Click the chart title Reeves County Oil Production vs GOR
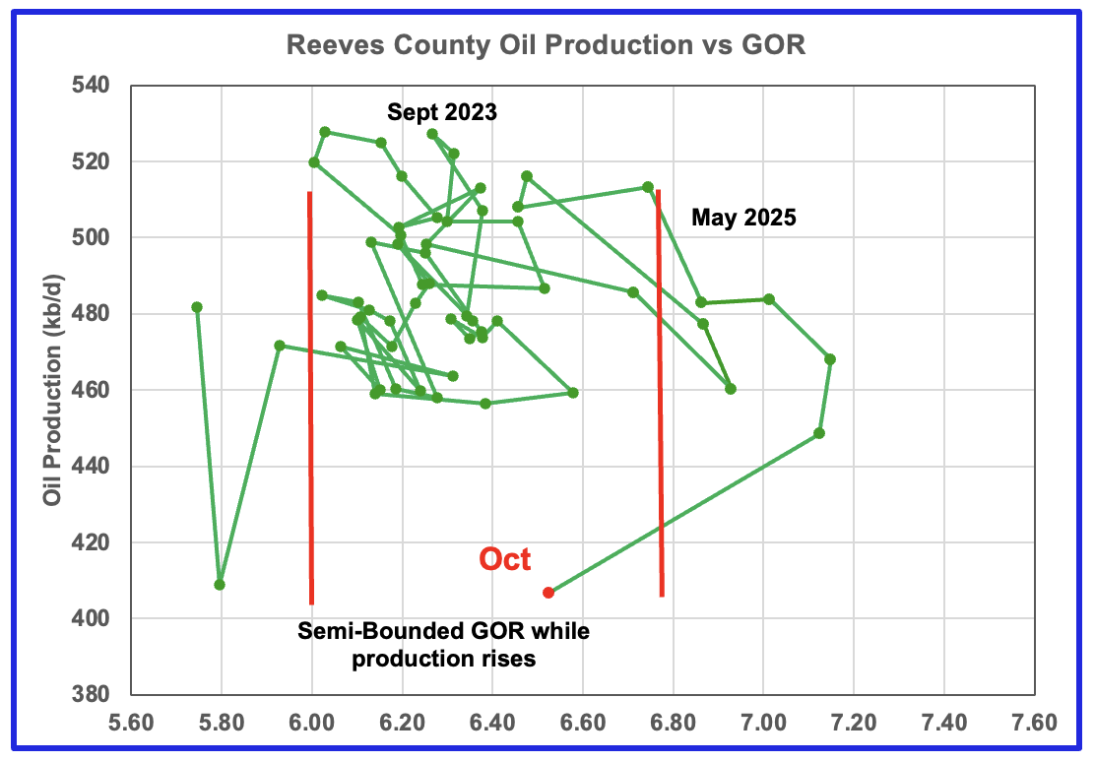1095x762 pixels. (546, 45)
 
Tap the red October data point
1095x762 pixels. (548, 593)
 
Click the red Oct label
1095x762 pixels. (505, 560)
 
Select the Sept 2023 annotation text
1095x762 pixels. (442, 112)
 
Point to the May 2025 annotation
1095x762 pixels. (743, 218)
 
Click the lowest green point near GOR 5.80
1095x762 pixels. (220, 585)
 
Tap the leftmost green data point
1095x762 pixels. (197, 307)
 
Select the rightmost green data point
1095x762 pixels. (830, 359)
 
